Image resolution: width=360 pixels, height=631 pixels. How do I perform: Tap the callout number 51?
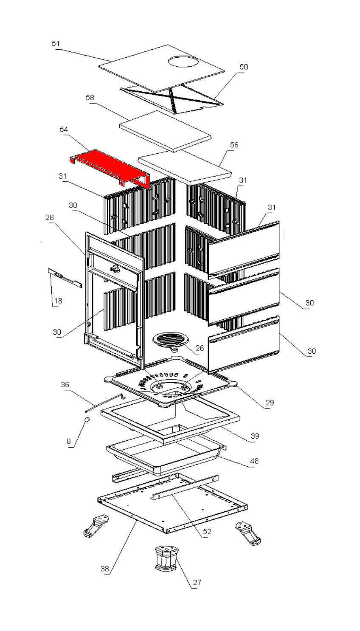coord(56,43)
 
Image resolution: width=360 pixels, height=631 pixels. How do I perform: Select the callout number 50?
coord(244,67)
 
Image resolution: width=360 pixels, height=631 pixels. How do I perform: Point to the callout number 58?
coord(90,98)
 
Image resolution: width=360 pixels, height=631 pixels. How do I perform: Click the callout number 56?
coord(234,145)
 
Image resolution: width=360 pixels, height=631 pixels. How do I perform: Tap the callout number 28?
coord(50,217)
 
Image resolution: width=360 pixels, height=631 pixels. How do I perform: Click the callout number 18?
coord(58,301)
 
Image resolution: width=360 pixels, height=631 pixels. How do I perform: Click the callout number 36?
coord(65,385)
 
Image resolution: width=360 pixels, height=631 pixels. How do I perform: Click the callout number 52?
coord(207,532)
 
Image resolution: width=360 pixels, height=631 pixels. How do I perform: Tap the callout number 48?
coord(254,461)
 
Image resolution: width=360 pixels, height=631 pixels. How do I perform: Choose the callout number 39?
coord(254,436)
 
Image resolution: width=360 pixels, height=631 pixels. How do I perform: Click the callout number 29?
coord(270,403)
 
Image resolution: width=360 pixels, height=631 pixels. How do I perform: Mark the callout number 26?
coord(200,348)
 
